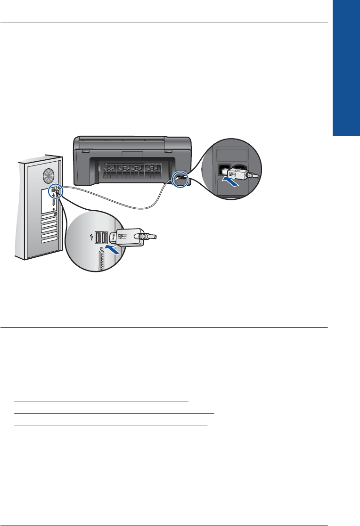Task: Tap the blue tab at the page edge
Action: click(346, 67)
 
